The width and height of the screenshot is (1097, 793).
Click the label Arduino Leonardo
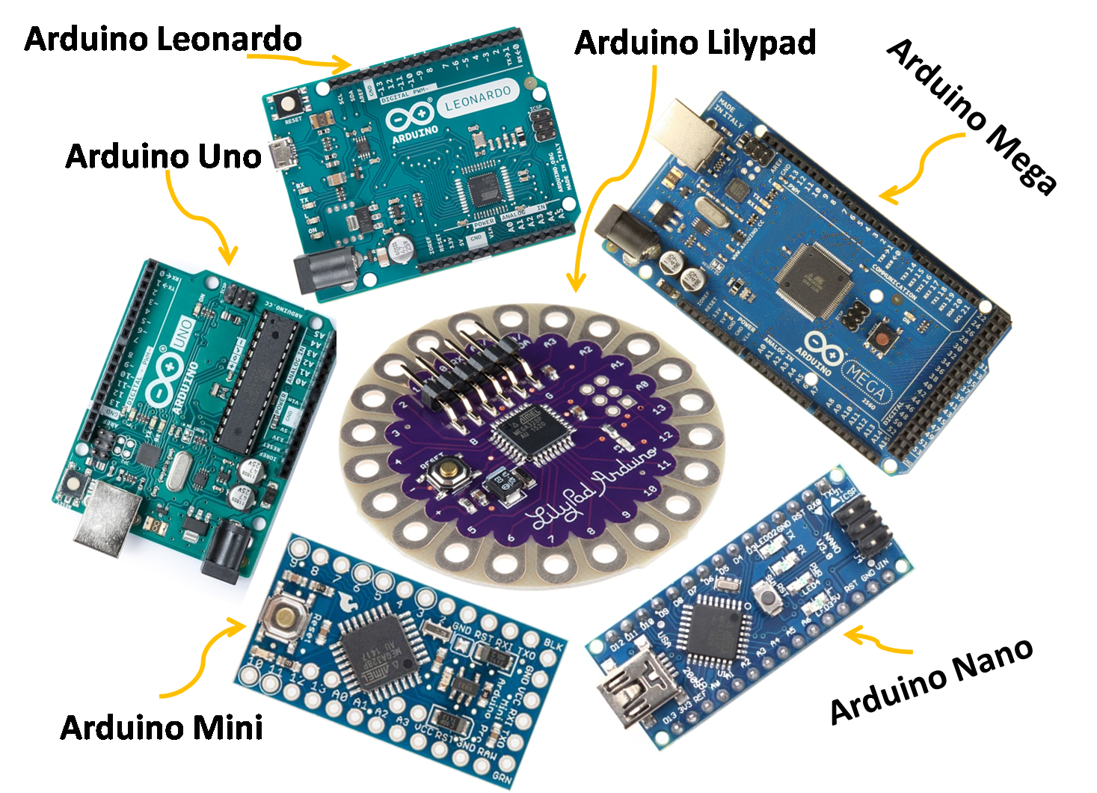[162, 39]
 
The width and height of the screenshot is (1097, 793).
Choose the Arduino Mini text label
[162, 727]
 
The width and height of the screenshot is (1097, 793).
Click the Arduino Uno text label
[163, 156]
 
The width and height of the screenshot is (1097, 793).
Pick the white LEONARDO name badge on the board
[477, 99]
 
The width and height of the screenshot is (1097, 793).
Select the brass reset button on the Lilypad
[447, 471]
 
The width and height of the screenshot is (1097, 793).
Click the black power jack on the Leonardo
[326, 272]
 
